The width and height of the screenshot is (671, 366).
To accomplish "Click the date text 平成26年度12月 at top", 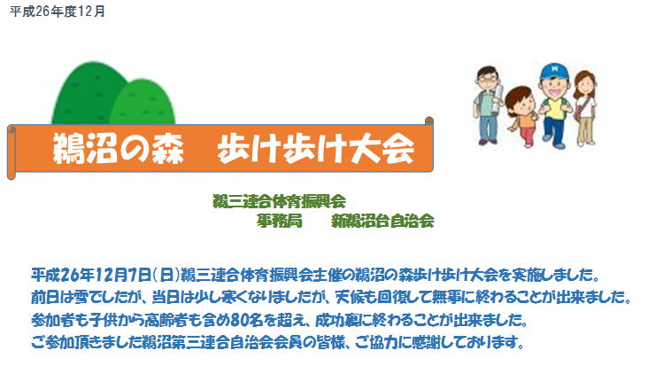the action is click(58, 12).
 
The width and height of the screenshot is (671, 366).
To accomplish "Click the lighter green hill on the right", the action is click(143, 104).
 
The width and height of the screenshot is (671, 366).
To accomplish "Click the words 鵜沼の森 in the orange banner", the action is click(118, 148).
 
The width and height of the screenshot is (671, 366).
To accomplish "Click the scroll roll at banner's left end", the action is click(12, 152).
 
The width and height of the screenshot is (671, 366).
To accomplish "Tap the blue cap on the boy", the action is click(555, 71).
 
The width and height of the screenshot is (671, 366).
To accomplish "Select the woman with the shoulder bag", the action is click(585, 108).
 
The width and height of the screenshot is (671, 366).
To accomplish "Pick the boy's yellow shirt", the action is click(555, 108).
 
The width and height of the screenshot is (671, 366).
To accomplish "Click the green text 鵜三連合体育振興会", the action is click(279, 201).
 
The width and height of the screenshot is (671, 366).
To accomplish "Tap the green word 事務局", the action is click(280, 221).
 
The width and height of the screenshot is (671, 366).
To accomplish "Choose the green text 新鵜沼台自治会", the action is click(382, 221).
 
